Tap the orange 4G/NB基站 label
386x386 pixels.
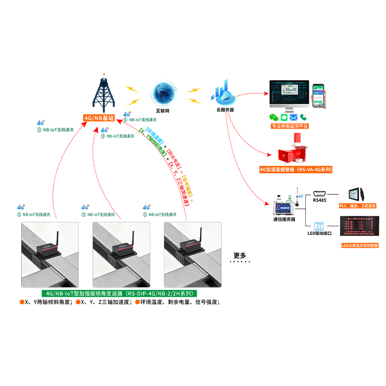coord(98,117)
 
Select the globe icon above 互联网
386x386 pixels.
coord(163,93)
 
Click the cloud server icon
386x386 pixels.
coord(223,94)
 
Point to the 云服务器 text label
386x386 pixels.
coord(225,110)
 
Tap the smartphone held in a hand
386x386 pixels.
coord(319,94)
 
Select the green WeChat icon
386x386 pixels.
coord(274,117)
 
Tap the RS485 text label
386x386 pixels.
coord(320,200)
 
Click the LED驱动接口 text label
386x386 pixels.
coord(321,234)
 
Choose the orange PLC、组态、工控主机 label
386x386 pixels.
coord(358,206)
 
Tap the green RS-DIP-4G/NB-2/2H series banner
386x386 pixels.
coord(119,293)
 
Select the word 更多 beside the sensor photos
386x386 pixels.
coord(239,256)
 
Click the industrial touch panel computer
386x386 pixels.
coord(357,193)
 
